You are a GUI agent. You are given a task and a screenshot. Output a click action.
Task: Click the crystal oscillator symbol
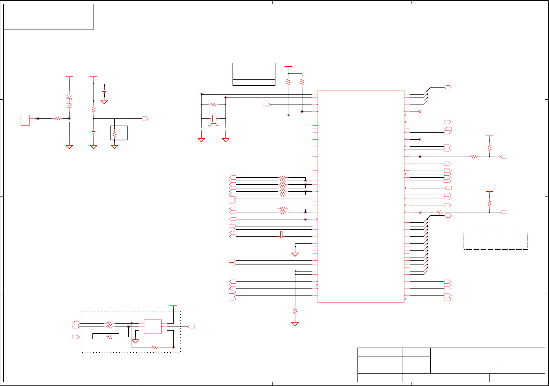(213, 119)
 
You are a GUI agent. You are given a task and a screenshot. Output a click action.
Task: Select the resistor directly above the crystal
(213, 105)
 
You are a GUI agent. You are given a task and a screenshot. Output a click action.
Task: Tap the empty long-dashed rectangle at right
(495, 241)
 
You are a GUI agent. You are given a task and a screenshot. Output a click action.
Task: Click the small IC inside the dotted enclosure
(152, 327)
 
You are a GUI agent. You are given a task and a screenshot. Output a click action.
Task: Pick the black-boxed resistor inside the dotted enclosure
(106, 337)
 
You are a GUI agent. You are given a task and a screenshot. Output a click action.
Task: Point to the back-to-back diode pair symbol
(69, 101)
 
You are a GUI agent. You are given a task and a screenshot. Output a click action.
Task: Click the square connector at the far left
(25, 120)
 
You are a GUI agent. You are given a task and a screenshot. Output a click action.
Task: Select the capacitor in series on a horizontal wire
(281, 235)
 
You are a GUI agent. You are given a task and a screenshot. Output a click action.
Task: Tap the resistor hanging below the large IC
(295, 311)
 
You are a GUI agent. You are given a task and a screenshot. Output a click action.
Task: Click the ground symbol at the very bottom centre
(295, 324)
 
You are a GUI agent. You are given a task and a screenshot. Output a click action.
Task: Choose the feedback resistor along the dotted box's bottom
(155, 348)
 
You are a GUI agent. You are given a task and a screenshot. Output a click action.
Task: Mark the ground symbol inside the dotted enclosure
(135, 341)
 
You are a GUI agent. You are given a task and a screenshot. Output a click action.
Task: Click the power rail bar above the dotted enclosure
(173, 306)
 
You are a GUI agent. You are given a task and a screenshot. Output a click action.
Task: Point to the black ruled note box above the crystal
(254, 74)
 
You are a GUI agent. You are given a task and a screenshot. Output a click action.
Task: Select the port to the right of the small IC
(191, 327)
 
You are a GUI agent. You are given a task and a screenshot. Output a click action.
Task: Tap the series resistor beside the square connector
(57, 119)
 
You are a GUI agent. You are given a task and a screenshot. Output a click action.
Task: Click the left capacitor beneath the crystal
(201, 129)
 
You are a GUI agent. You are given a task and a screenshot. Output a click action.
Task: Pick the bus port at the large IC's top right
(448, 88)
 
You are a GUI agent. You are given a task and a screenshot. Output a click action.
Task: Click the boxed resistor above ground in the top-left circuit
(115, 133)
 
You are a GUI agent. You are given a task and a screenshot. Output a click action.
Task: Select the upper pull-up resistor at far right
(489, 148)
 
